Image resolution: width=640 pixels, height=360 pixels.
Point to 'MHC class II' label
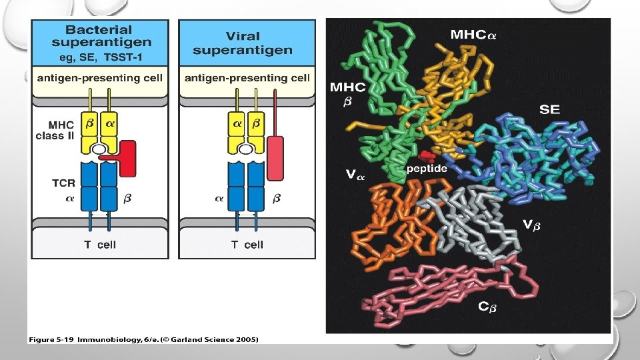tap(59, 131)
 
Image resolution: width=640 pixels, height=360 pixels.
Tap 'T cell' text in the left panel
tap(100, 245)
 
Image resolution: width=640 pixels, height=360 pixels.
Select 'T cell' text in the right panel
tap(247, 245)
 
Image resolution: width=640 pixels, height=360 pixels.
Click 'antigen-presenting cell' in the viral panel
tap(247, 78)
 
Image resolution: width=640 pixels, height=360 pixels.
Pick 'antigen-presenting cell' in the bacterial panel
tap(100, 78)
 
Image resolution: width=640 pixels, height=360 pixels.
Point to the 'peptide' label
tap(427, 169)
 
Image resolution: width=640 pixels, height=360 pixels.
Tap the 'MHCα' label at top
tap(473, 34)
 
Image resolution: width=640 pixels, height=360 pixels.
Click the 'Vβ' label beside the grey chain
tap(531, 225)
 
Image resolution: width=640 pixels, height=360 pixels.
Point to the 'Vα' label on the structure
tap(355, 175)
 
